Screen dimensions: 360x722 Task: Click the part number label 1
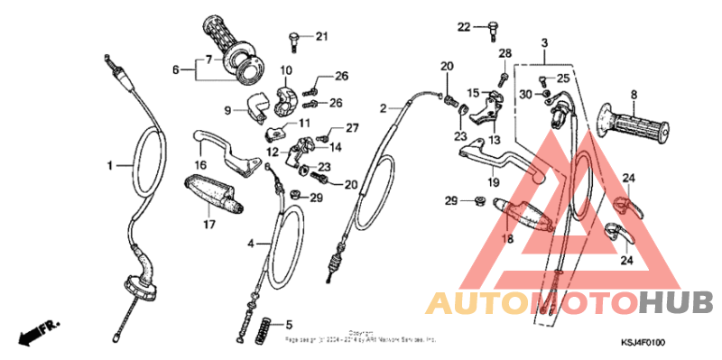(x=110, y=166)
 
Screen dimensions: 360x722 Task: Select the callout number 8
(x=634, y=94)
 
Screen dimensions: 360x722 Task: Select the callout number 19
(x=494, y=182)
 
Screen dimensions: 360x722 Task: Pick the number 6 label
(x=176, y=68)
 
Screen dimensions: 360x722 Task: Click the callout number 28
(x=504, y=53)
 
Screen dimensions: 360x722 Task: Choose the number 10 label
(x=285, y=70)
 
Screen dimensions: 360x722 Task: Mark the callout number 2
(x=383, y=108)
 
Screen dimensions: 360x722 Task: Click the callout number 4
(x=251, y=244)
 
